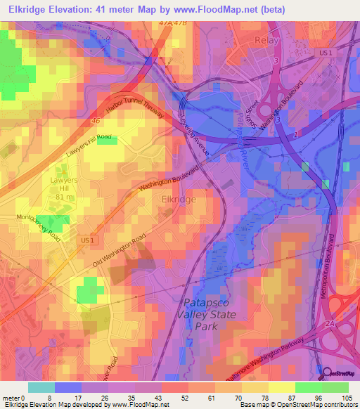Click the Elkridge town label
pyautogui.click(x=179, y=200)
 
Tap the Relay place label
pyautogui.click(x=266, y=40)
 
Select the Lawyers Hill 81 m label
pyautogui.click(x=64, y=188)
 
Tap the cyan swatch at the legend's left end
pyautogui.click(x=41, y=387)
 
